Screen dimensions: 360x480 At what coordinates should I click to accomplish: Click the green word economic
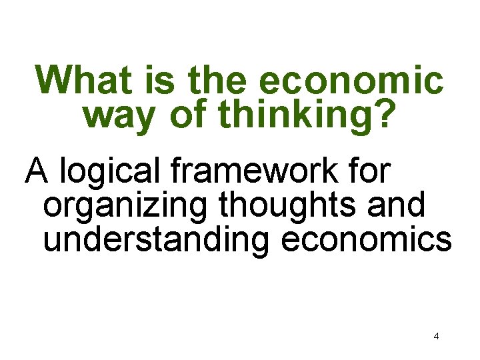[351, 81]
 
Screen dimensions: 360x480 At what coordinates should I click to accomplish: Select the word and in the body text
[400, 206]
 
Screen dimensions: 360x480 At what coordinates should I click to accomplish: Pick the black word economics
[367, 239]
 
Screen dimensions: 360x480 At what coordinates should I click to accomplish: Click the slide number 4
[436, 336]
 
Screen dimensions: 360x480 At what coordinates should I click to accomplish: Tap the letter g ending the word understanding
[261, 244]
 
